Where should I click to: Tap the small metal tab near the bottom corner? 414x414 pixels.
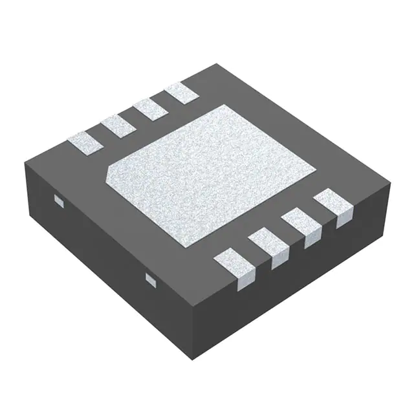click(x=151, y=279)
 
